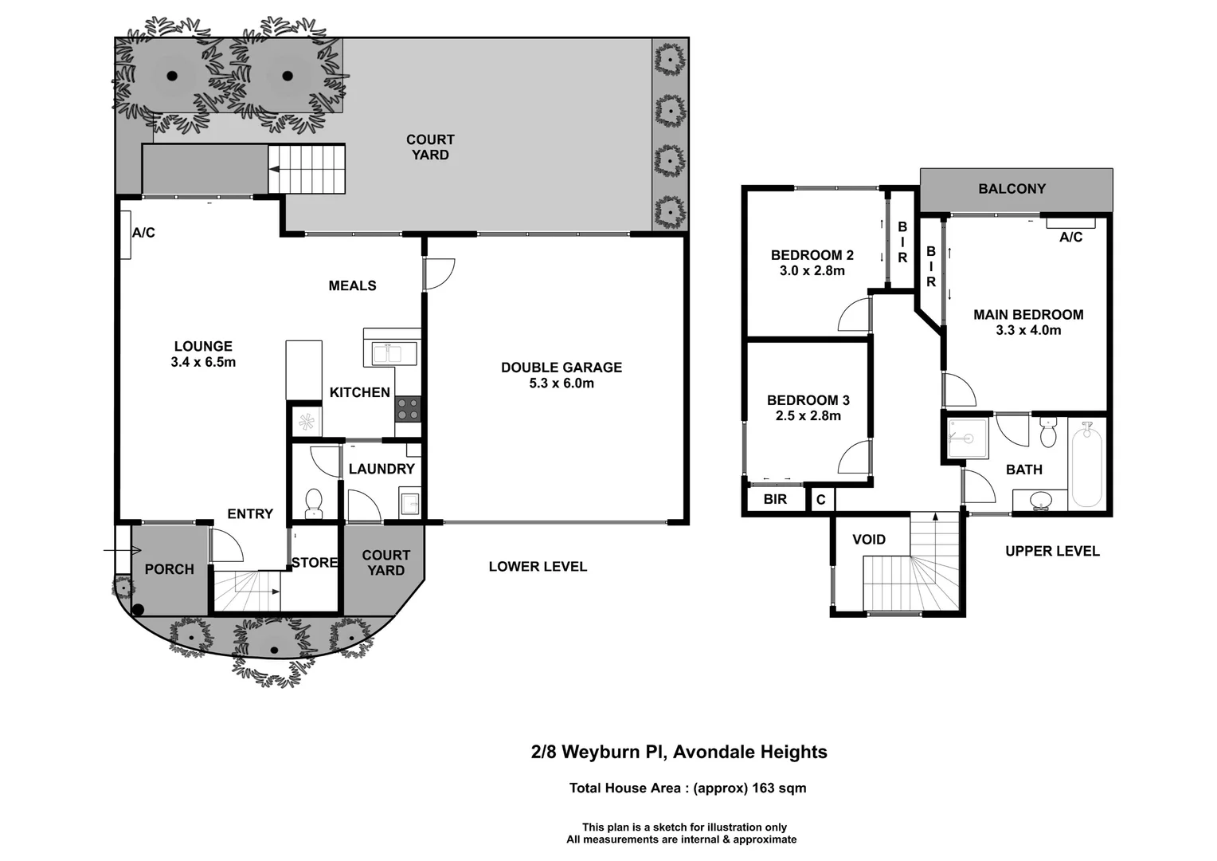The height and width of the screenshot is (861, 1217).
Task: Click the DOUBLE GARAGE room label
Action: (x=561, y=368)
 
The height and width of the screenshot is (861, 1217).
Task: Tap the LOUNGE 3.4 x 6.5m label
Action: (x=203, y=354)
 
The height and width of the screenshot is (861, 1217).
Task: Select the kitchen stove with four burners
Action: (x=408, y=409)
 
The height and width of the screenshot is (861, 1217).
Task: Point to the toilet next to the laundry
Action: (x=314, y=502)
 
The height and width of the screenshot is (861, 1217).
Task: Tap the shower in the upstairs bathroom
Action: (x=967, y=438)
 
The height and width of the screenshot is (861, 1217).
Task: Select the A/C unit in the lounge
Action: (x=126, y=234)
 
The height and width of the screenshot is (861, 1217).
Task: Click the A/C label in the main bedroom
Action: (x=1070, y=238)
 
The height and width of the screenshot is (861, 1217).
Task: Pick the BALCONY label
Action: (x=1012, y=189)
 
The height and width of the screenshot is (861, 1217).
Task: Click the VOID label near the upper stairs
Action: (x=868, y=540)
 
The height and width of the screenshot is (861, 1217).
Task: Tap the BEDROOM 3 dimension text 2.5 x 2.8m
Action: (x=808, y=415)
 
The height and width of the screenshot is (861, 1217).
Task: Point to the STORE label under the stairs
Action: (x=314, y=563)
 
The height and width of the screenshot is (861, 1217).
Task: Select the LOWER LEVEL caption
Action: (x=538, y=567)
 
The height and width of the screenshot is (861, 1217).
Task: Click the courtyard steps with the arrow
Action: (x=307, y=169)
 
